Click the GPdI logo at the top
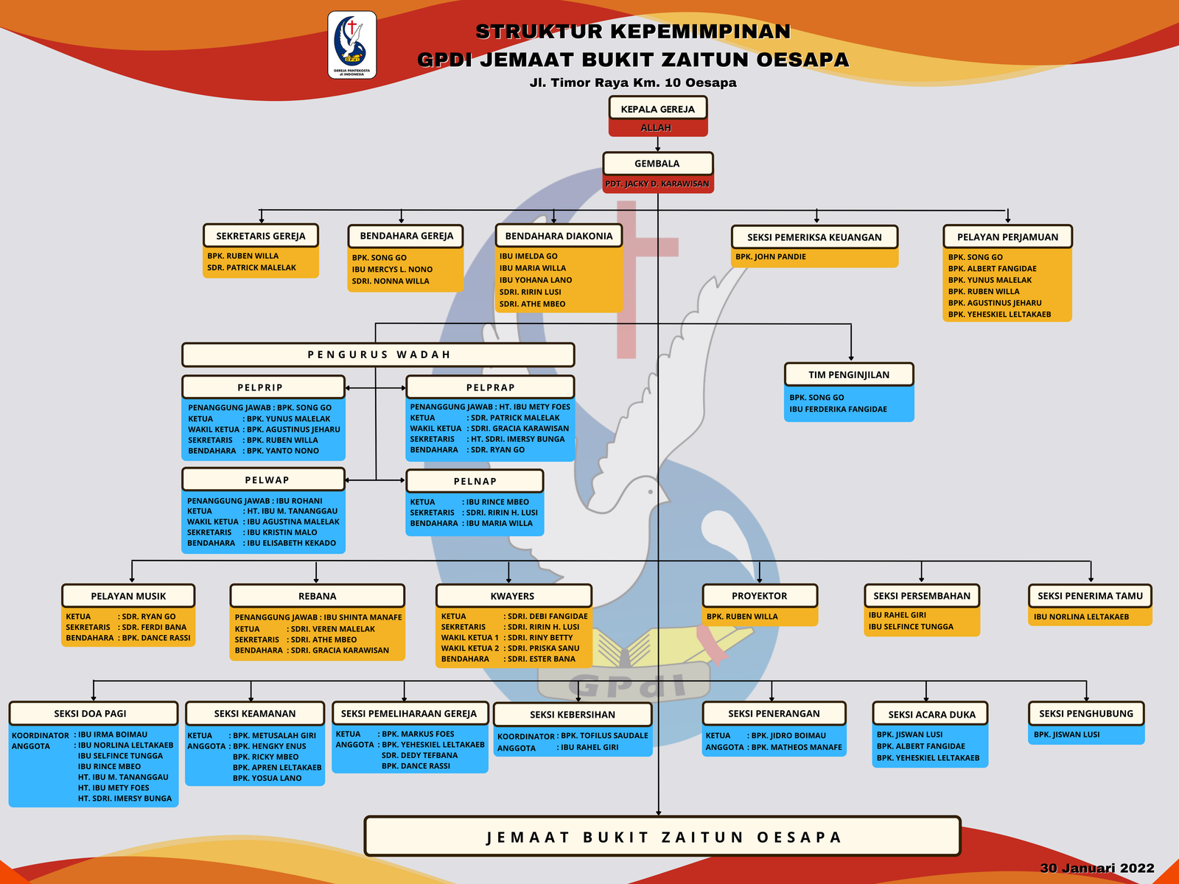pos(351,44)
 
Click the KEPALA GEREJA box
pos(657,109)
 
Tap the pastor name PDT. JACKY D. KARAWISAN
pos(657,183)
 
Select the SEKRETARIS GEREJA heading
pos(260,236)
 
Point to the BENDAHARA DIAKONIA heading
pos(559,236)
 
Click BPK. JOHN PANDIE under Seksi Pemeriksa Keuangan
pos(771,257)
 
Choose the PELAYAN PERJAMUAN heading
pos(1007,236)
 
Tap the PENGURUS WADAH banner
pos(378,354)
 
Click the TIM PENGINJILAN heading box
pos(849,374)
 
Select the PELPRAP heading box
pos(490,387)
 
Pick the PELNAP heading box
pos(475,481)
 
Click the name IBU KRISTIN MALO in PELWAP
pos(282,533)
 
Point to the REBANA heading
pos(317,596)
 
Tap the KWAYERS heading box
pos(513,596)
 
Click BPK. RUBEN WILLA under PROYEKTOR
pos(742,617)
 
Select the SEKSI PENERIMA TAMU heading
pos(1090,596)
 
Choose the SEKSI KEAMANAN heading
pos(254,714)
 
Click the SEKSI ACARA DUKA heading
pos(931,715)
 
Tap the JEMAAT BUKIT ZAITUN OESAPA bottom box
pos(662,837)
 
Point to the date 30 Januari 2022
pos(1096,868)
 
